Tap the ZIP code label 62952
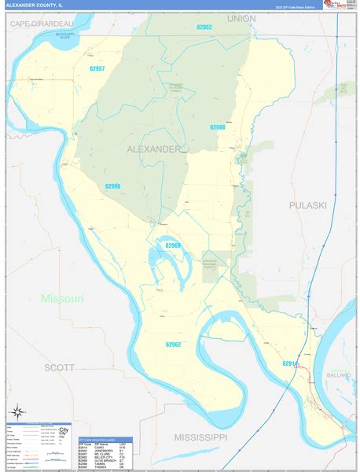click(204, 27)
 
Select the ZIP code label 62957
click(97, 68)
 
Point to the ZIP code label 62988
click(218, 127)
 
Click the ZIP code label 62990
click(112, 186)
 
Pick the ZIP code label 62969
click(173, 245)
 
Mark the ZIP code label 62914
click(290, 363)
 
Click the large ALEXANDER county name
click(153, 148)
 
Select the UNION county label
click(242, 17)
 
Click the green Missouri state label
click(61, 298)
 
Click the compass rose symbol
click(17, 414)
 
